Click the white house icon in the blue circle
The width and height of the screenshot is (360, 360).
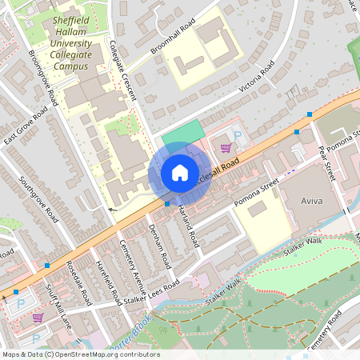tap(180, 172)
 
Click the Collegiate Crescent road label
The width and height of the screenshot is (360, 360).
tap(122, 71)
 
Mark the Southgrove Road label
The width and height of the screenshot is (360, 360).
tap(38, 198)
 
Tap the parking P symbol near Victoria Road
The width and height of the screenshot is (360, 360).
tap(237, 136)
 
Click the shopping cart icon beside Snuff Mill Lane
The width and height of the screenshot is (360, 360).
tap(38, 318)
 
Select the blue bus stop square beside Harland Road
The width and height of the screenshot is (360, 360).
tap(166, 203)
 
